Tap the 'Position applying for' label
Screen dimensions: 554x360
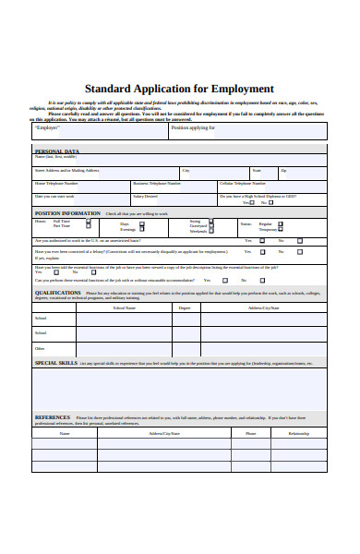193,128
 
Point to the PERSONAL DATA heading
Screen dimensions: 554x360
56,151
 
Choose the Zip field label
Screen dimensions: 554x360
284,171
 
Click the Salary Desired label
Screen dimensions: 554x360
145,196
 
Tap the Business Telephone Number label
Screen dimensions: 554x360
156,183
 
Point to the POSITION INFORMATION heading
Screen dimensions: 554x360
67,212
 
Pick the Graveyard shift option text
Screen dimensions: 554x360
198,225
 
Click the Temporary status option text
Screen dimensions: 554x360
267,229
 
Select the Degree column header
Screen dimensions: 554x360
185,307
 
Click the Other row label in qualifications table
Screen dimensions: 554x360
39,348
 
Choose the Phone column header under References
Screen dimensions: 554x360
249,432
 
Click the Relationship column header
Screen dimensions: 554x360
298,432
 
